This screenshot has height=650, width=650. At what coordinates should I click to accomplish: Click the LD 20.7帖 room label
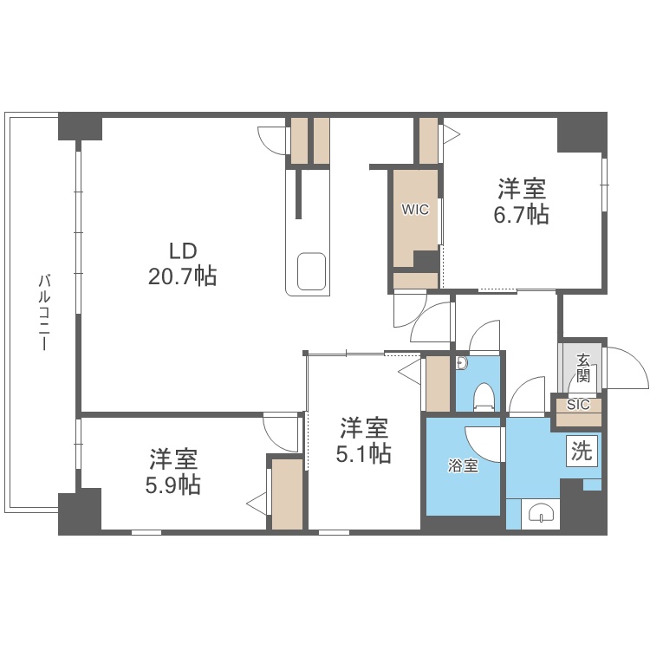182,263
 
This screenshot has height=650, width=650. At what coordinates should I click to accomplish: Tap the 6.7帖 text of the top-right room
521,215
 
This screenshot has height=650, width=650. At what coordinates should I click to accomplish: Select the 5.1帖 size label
363,453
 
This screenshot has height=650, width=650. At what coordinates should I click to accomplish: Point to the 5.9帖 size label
172,485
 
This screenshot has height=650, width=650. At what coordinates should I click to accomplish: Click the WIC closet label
415,210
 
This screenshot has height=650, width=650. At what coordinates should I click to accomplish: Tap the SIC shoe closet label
578,405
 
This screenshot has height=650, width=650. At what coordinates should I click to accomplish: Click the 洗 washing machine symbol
582,451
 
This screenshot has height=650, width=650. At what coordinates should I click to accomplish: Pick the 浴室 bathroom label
463,466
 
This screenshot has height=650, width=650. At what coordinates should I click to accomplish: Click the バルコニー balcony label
44,312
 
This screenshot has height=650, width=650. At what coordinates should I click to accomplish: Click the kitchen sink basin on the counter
311,271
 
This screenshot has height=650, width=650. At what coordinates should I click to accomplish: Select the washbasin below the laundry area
541,513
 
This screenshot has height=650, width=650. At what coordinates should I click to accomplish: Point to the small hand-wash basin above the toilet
462,363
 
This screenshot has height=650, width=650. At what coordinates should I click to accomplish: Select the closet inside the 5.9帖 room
287,494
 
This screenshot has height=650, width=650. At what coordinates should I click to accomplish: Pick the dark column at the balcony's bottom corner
80,511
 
